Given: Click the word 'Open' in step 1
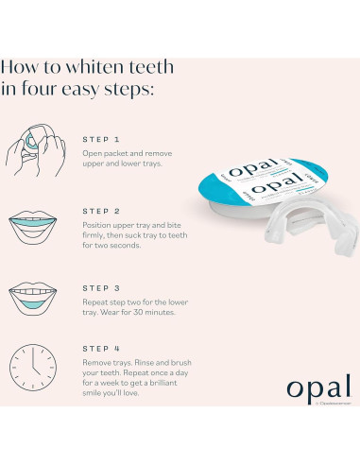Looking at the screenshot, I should [94, 153].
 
